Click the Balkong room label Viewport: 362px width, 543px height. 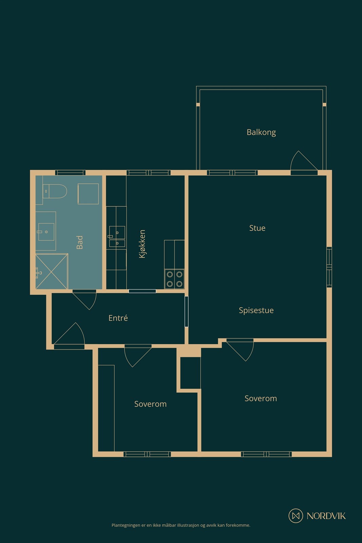tap(261, 132)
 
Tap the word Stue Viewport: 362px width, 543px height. tap(257, 228)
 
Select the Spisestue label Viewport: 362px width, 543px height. tap(256, 310)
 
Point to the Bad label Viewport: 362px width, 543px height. tap(80, 242)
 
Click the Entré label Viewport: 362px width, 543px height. tap(118, 318)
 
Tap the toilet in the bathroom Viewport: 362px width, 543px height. tap(56, 191)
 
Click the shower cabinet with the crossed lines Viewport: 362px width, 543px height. tap(52, 271)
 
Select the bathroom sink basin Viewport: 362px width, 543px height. tap(46, 232)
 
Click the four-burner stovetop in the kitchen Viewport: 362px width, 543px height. tap(174, 279)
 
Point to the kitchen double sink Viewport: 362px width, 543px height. tap(117, 237)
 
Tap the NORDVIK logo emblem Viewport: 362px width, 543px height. tap(296, 516)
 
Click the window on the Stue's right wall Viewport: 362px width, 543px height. tap(329, 267)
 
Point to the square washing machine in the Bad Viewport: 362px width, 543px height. tap(88, 194)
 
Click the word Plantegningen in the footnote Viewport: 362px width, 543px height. tap(126, 525)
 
